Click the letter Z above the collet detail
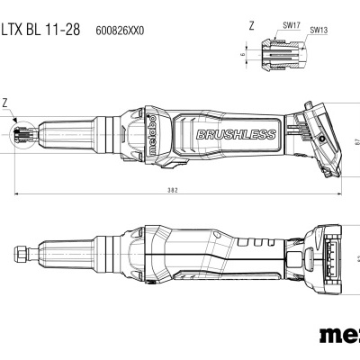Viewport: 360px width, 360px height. tap(252, 27)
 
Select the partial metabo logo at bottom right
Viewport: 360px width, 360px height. tap(338, 338)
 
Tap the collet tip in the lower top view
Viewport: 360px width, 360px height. tap(20, 247)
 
